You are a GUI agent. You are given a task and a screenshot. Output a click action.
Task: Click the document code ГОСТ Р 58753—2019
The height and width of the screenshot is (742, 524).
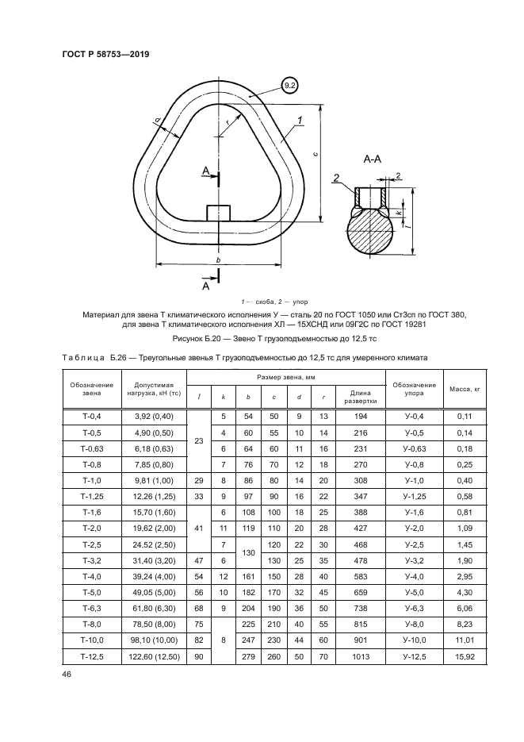105,55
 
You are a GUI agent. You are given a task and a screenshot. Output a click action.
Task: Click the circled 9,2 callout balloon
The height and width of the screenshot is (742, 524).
289,85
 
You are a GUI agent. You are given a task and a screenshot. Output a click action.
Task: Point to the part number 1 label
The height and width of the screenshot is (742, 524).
301,121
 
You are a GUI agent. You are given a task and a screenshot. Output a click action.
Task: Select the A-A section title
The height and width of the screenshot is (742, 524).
373,160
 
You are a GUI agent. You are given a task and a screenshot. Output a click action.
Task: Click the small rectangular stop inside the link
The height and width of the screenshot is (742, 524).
218,213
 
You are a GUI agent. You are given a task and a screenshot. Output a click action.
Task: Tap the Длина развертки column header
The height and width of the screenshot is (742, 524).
360,396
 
